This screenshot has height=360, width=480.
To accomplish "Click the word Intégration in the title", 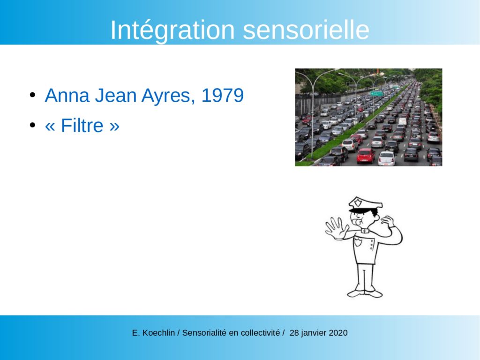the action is (172, 30).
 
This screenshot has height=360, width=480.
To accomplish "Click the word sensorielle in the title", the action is (306, 30).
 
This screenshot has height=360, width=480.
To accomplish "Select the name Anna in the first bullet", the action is (67, 95).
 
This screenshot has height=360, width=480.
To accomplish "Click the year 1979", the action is (223, 95).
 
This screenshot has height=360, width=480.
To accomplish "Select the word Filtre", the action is (82, 125).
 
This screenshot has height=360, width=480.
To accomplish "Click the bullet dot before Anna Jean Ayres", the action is (32, 95).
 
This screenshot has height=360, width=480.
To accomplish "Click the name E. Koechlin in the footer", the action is (153, 333).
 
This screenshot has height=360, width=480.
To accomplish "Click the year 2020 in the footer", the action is (338, 333).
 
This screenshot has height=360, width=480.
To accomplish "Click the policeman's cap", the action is (365, 204).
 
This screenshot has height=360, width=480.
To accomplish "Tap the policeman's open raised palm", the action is (336, 228).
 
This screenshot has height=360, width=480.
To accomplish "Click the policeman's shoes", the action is (365, 293).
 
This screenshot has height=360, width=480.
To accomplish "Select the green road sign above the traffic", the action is (377, 93).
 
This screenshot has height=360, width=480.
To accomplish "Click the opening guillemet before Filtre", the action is (50, 126).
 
